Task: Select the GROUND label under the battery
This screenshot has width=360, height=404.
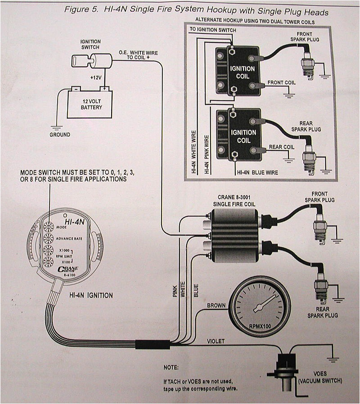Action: pyautogui.click(x=59, y=135)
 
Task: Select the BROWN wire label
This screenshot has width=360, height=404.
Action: pyautogui.click(x=216, y=305)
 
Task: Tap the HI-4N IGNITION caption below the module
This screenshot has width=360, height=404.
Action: pyautogui.click(x=91, y=295)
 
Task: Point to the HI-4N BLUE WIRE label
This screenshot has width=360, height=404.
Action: pyautogui.click(x=257, y=172)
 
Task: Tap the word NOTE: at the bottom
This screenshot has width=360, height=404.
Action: pyautogui.click(x=171, y=368)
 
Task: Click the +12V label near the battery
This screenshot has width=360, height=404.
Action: pyautogui.click(x=96, y=77)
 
